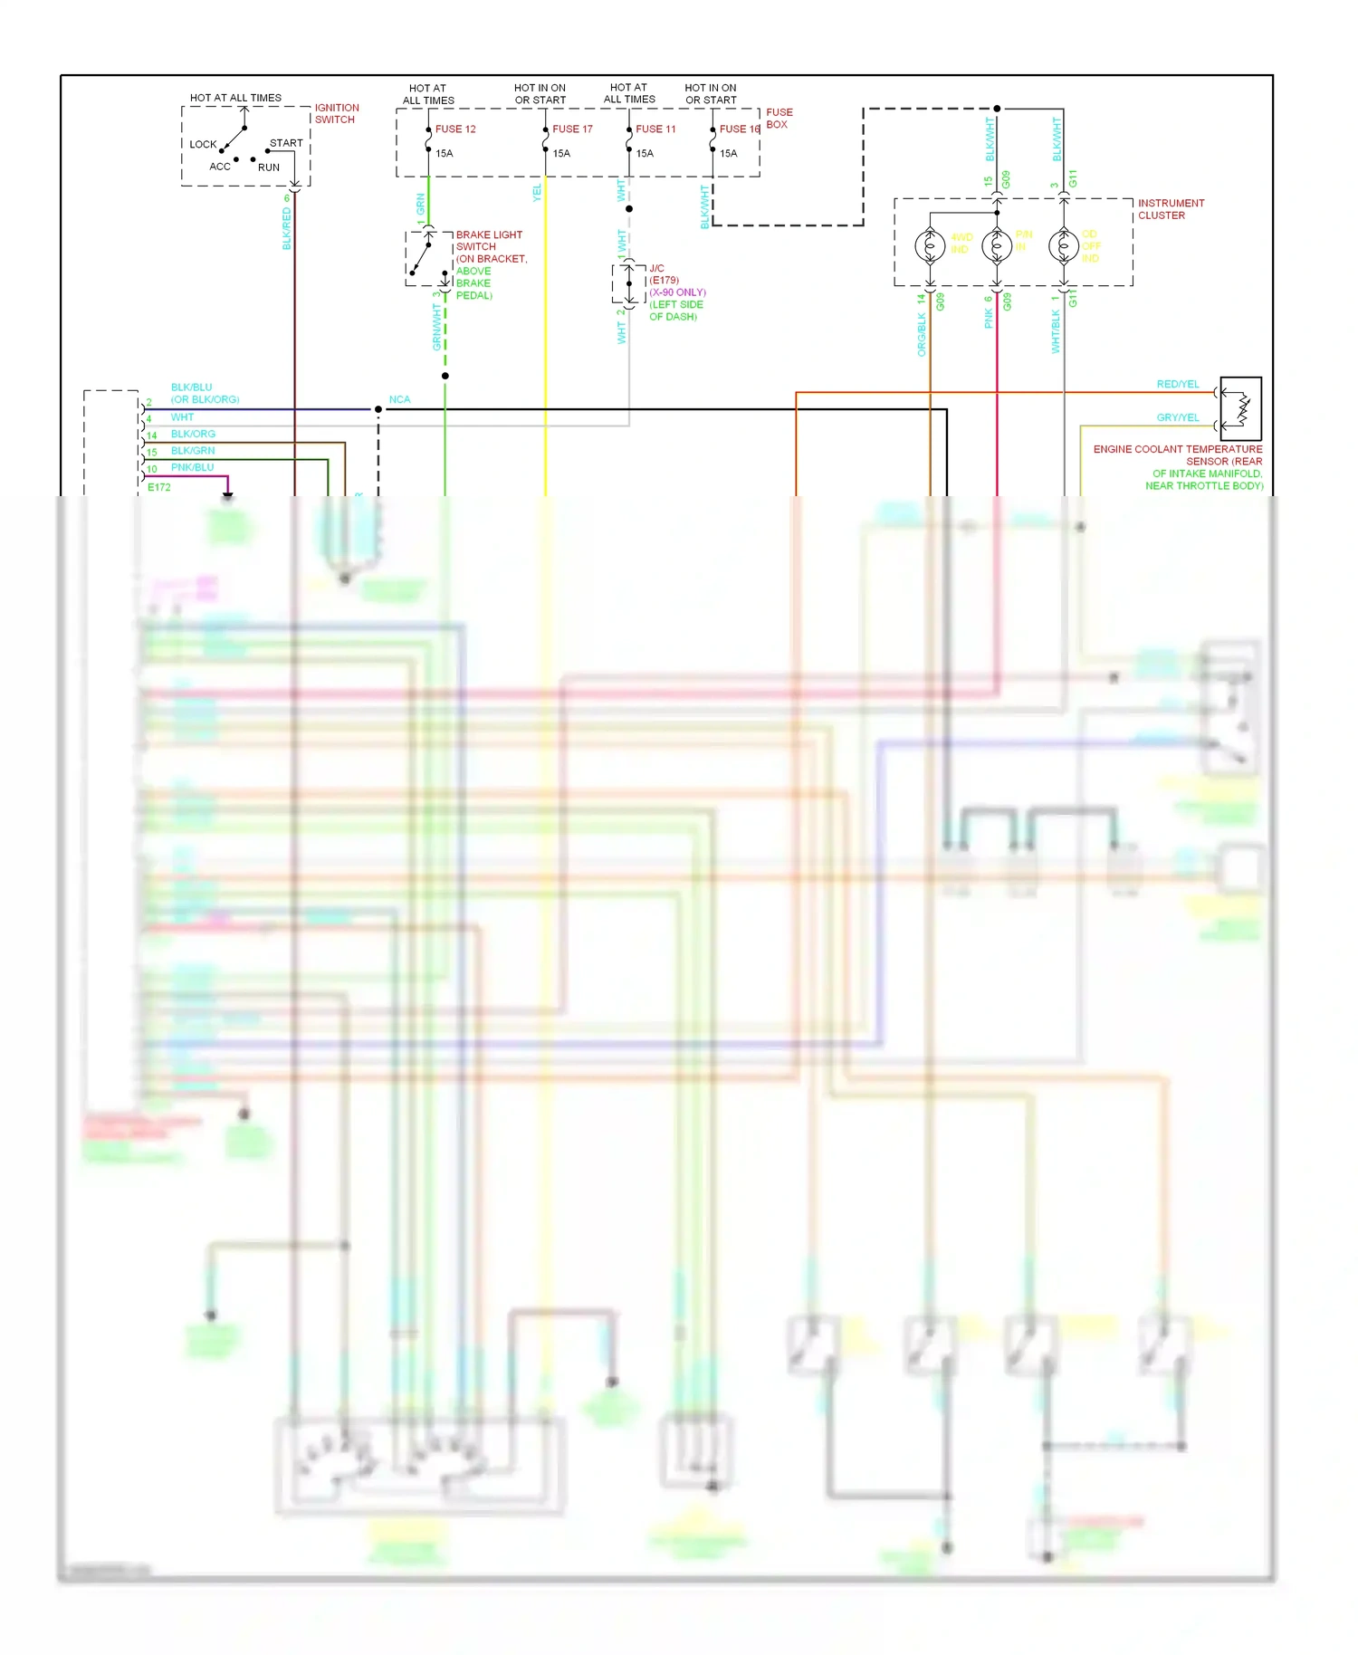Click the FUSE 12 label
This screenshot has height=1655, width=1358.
[454, 129]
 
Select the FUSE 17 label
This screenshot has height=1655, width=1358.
[572, 129]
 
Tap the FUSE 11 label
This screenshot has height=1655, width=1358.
[655, 129]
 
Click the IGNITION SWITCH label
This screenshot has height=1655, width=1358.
[336, 113]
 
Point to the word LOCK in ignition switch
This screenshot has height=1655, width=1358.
[203, 145]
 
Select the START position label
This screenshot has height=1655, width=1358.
[286, 143]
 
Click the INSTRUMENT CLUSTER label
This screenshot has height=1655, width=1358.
[1171, 209]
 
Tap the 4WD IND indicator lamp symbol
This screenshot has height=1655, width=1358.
[930, 245]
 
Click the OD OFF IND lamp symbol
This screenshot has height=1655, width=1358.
[1063, 245]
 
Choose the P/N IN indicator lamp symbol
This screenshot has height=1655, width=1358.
[997, 245]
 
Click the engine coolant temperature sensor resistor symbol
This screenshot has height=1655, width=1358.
[1242, 409]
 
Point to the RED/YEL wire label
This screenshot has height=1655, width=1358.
[1177, 385]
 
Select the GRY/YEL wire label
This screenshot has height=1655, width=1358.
[1177, 418]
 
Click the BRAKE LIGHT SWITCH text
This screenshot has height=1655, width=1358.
[488, 241]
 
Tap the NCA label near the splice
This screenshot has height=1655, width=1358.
[399, 399]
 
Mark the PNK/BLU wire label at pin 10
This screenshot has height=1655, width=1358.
[192, 467]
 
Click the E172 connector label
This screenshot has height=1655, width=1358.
[159, 487]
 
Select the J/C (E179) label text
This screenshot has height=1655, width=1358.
[663, 274]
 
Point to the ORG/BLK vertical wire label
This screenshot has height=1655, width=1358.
[922, 334]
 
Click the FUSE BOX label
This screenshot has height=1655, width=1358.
[779, 119]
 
